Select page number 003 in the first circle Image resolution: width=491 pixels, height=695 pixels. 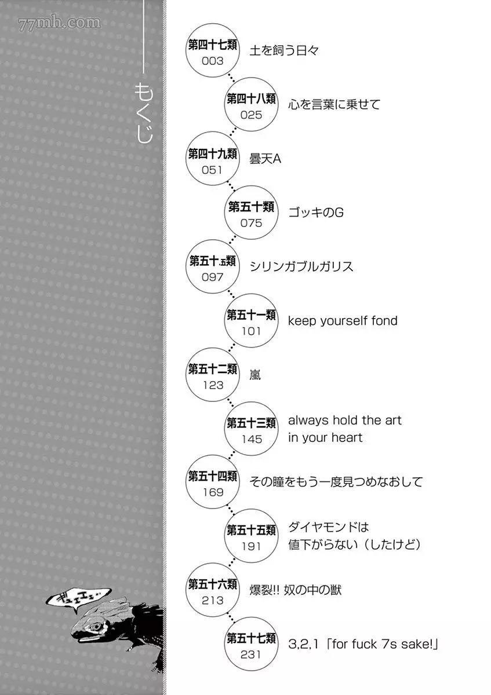[212, 61]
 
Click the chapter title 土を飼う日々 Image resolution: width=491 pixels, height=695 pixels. [284, 50]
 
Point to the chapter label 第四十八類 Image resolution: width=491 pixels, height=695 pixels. [251, 98]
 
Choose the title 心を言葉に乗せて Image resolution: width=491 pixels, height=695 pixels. [334, 104]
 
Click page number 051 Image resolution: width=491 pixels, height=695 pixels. [212, 170]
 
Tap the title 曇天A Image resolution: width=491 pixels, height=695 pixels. [265, 159]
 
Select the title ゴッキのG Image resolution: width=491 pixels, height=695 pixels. [316, 213]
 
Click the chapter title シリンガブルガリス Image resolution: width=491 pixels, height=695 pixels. [301, 266]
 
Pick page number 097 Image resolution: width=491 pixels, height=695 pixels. [212, 277]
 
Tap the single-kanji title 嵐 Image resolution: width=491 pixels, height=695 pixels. [255, 375]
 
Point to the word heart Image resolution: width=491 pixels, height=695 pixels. [347, 437]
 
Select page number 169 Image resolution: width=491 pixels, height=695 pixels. [213, 492]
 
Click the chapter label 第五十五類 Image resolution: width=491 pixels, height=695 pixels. [251, 531]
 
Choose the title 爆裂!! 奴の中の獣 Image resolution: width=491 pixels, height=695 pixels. [295, 590]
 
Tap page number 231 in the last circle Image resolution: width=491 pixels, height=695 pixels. [250, 654]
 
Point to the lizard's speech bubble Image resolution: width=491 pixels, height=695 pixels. [78, 599]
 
